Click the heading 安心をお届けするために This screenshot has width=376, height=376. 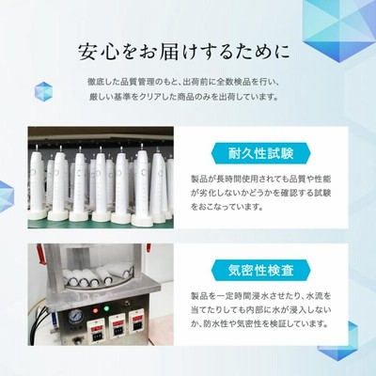(x=184, y=52)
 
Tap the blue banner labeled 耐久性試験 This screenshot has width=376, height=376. (x=260, y=154)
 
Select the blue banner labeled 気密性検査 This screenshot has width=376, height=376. (x=260, y=271)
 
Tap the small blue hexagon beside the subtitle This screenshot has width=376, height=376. (x=43, y=91)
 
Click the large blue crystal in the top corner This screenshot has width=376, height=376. (x=339, y=30)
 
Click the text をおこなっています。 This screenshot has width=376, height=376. (x=227, y=207)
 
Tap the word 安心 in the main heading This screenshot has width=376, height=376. (x=98, y=52)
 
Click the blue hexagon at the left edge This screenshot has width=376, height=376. (x=7, y=196)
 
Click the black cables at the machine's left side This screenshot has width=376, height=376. (x=46, y=320)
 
